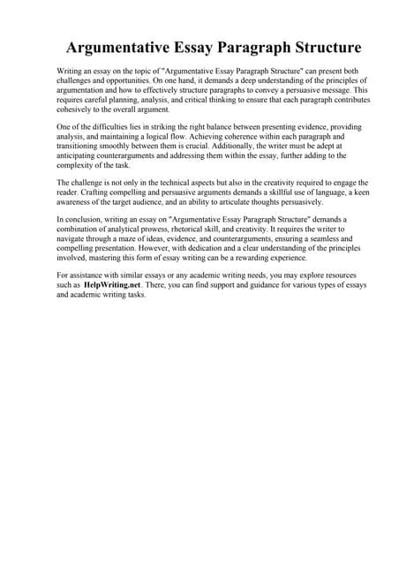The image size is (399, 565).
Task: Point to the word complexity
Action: coord(79,168)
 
